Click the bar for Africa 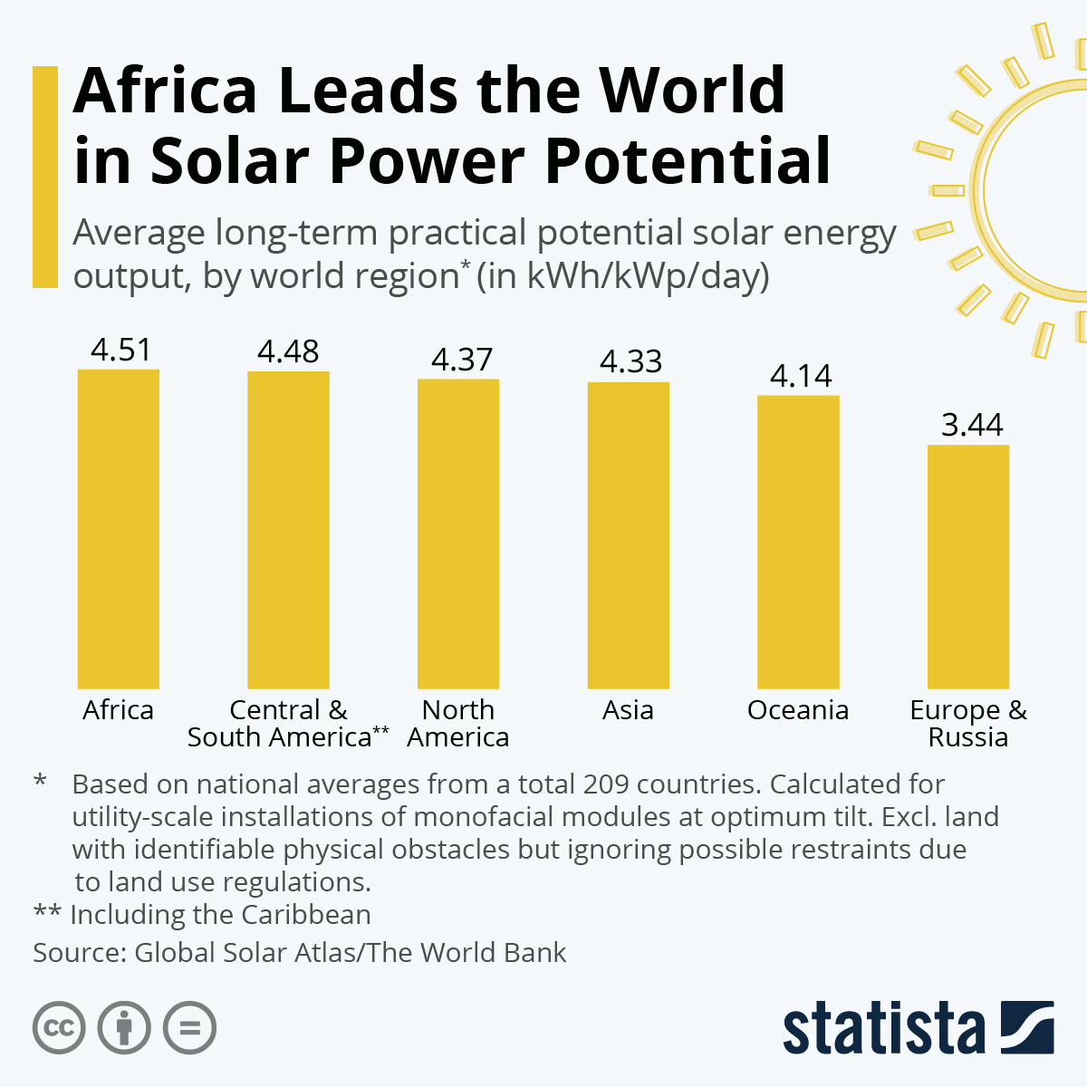pos(119,529)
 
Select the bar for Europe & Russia pos(967,566)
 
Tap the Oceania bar pos(798,542)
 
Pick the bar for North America pos(458,534)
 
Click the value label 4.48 pos(288,351)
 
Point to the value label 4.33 pos(630,361)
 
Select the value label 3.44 pos(972,425)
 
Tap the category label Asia pos(628,710)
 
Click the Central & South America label pos(288,724)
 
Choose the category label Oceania pos(798,710)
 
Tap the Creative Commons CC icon pos(59,1028)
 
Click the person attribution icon pos(124,1028)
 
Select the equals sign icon pos(190,1028)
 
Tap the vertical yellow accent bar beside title pos(45,177)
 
